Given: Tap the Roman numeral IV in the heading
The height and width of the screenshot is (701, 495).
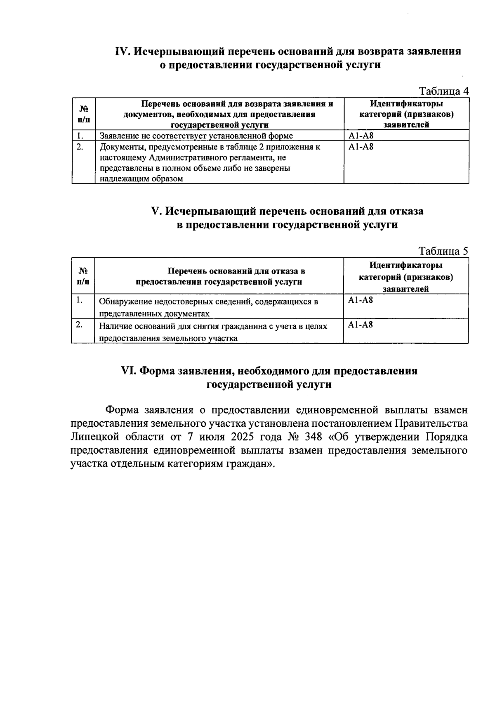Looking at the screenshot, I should [123, 52].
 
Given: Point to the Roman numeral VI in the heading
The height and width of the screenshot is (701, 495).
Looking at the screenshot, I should [128, 371].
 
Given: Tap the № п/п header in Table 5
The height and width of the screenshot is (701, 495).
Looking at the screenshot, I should [83, 276].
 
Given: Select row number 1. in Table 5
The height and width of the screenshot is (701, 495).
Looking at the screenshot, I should [79, 300].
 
